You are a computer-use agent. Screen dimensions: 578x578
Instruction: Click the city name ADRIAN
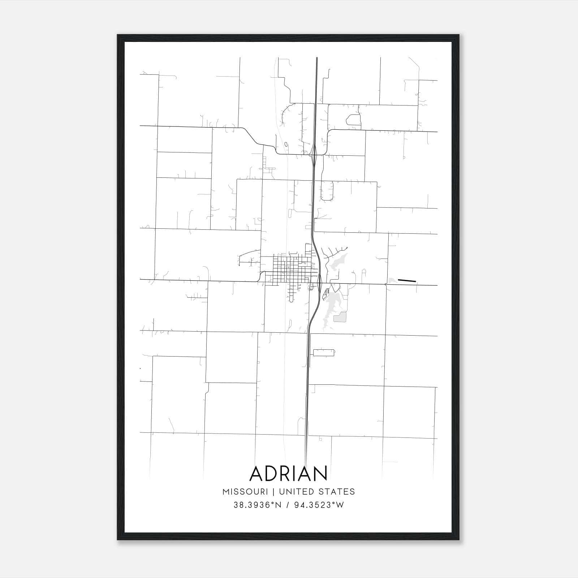[x=288, y=473]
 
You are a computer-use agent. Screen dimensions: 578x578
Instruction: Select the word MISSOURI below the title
[x=245, y=492]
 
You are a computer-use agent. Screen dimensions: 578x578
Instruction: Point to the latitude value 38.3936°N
[x=257, y=505]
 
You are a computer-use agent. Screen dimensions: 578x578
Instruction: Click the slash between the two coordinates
[x=288, y=505]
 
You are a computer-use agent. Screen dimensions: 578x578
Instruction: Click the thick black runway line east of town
[x=407, y=280]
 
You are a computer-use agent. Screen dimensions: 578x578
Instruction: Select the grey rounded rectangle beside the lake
[x=340, y=317]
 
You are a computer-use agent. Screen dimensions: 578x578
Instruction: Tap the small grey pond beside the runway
[x=392, y=280]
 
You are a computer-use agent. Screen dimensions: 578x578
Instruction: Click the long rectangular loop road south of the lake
[x=323, y=353]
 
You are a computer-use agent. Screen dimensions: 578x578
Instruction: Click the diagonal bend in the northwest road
[x=253, y=137]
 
